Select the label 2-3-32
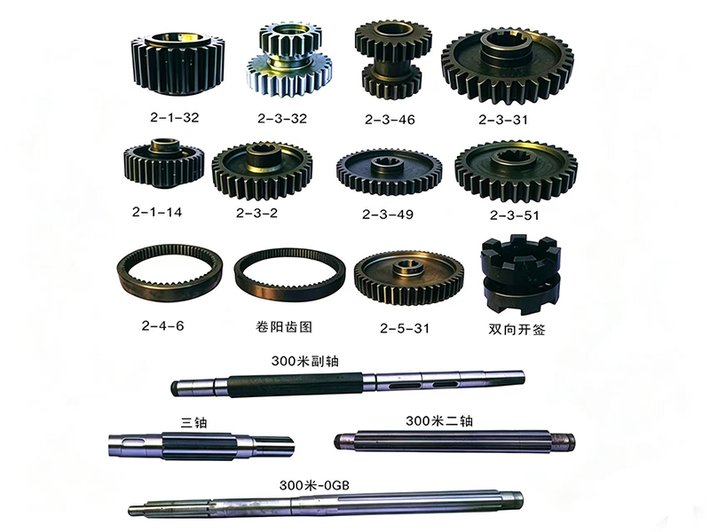(x=282, y=119)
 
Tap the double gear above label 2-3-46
(x=392, y=59)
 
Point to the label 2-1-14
(x=157, y=212)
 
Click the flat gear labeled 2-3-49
(x=389, y=171)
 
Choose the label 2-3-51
(x=515, y=215)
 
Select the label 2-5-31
(x=405, y=328)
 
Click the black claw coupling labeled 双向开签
(x=521, y=274)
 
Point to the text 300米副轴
(x=304, y=361)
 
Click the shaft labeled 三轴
(x=201, y=445)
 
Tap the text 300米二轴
(x=438, y=420)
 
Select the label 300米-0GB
(x=314, y=485)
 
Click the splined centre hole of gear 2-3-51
(x=517, y=158)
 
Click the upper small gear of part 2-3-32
(x=290, y=40)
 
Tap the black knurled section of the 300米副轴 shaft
(x=296, y=385)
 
